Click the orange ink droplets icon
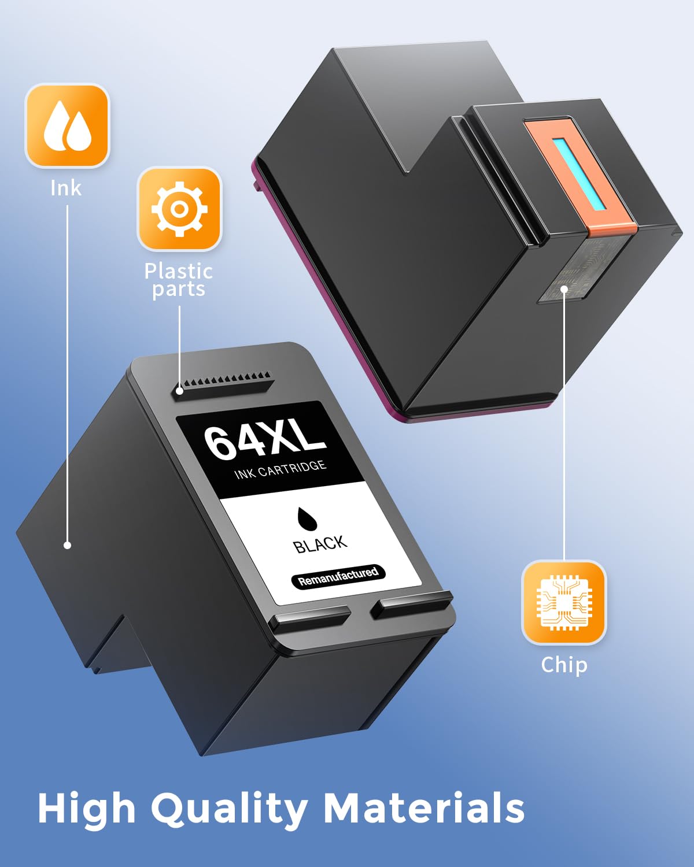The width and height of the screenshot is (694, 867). (x=67, y=125)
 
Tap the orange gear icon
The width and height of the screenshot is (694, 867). (x=179, y=209)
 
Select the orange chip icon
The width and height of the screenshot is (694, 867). (x=564, y=602)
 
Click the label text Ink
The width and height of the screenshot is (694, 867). (x=66, y=188)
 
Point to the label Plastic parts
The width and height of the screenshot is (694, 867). (x=179, y=280)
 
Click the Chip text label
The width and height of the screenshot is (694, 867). (x=564, y=665)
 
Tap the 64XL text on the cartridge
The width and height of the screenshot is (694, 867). (x=265, y=441)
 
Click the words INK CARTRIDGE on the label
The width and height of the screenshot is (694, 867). (x=280, y=470)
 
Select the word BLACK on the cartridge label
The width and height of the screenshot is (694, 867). (x=320, y=544)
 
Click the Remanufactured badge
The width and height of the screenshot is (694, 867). (x=338, y=576)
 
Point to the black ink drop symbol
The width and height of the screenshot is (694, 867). (x=307, y=519)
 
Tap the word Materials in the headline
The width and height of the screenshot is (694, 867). (x=424, y=807)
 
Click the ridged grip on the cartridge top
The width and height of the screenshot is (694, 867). (x=223, y=384)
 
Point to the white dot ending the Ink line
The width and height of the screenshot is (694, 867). (x=67, y=545)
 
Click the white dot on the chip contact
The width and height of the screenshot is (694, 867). (x=564, y=289)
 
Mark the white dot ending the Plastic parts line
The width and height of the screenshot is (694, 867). (x=179, y=391)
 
